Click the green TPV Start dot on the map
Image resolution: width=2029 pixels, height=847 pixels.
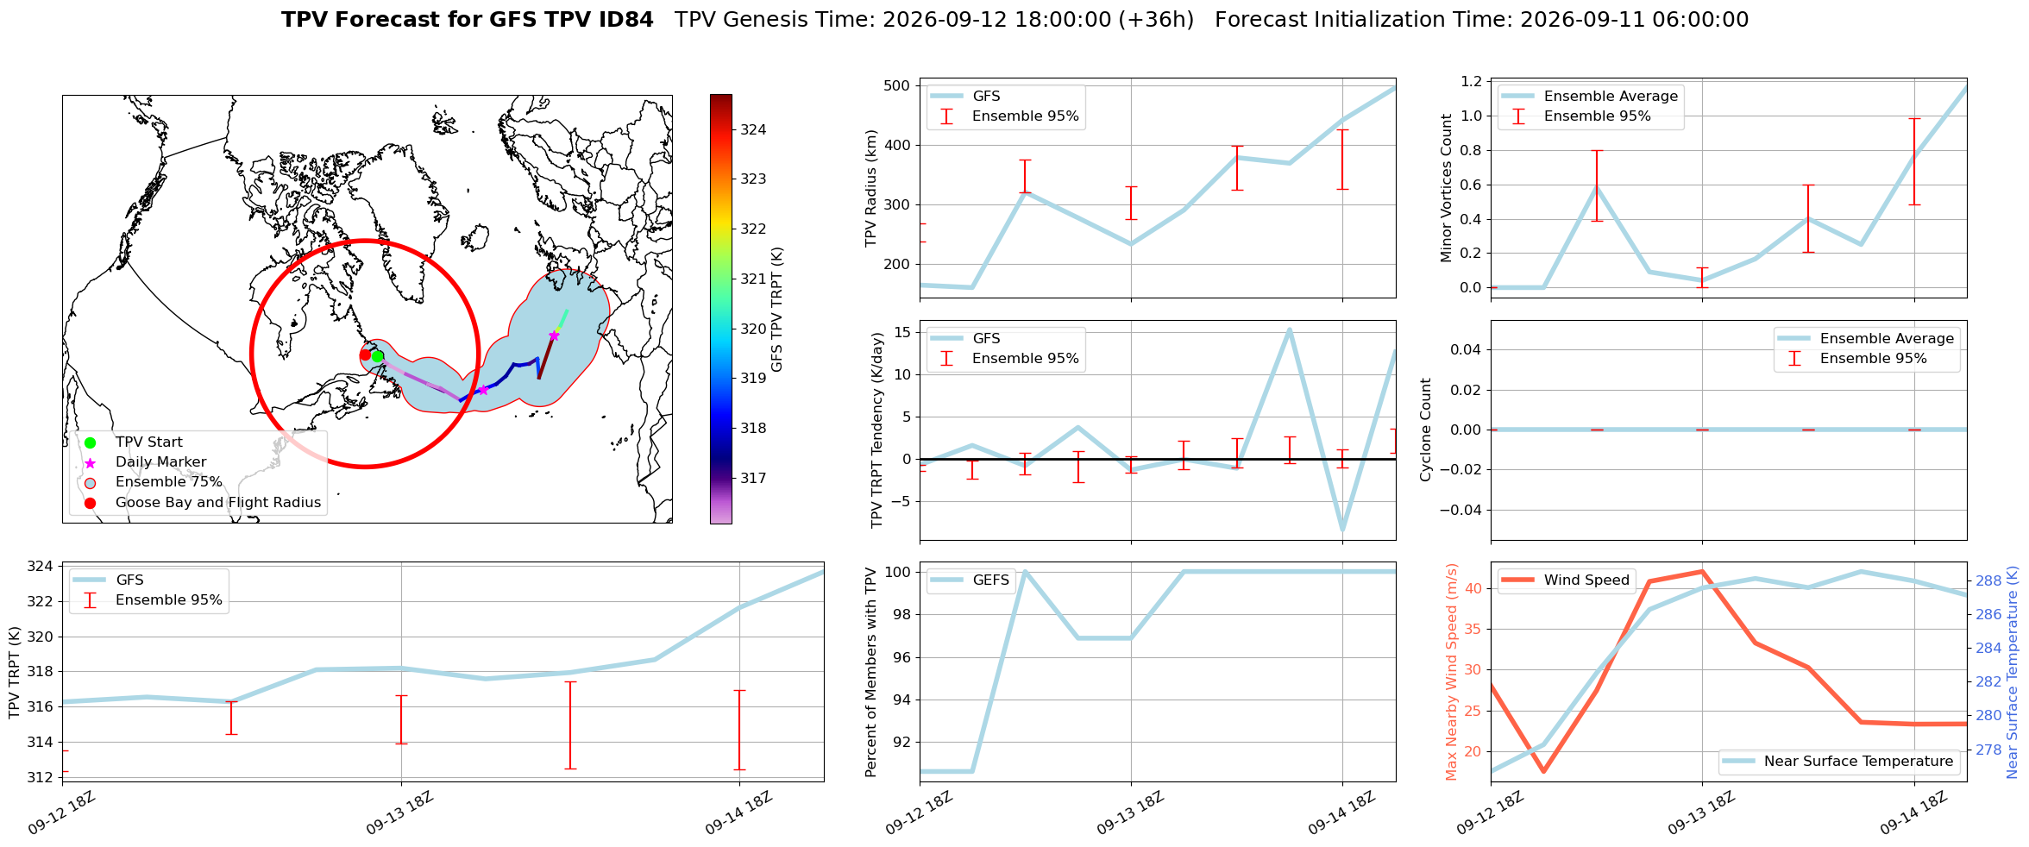pyautogui.click(x=377, y=356)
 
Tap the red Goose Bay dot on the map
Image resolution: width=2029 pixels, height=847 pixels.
pyautogui.click(x=365, y=354)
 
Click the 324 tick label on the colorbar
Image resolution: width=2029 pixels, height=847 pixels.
pyautogui.click(x=753, y=129)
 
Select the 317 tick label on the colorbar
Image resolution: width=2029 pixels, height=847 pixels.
pyautogui.click(x=753, y=478)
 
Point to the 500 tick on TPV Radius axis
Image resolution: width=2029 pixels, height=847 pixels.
pyautogui.click(x=898, y=85)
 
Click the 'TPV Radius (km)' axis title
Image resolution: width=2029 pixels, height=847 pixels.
pyautogui.click(x=871, y=188)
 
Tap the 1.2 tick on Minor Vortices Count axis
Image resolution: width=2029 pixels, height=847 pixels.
pyautogui.click(x=1471, y=81)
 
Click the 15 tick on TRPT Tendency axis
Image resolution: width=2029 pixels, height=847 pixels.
pyautogui.click(x=902, y=332)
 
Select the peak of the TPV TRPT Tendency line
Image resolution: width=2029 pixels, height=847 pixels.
pyautogui.click(x=1289, y=329)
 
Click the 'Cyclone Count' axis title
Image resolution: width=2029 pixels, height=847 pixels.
pyautogui.click(x=1425, y=430)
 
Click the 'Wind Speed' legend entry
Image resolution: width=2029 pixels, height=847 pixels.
pyautogui.click(x=1566, y=580)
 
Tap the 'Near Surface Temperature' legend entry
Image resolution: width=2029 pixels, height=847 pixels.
pyautogui.click(x=1837, y=761)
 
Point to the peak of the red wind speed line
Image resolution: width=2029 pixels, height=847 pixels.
pyautogui.click(x=1701, y=571)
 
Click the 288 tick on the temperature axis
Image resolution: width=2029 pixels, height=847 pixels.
pyautogui.click(x=1988, y=580)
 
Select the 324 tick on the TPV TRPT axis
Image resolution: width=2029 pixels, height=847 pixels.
pyautogui.click(x=41, y=567)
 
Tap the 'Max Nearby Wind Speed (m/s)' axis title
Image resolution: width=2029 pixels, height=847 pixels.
pyautogui.click(x=1451, y=672)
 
